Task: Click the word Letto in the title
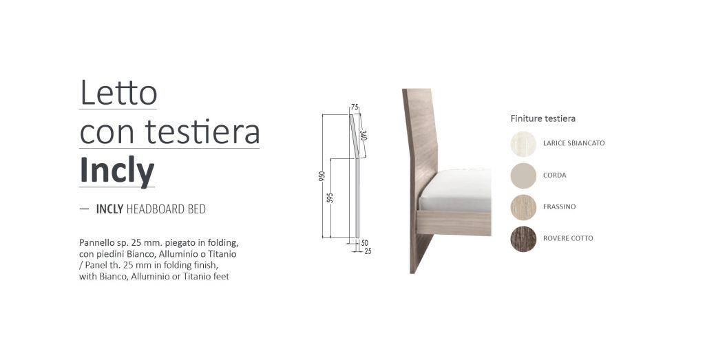tap(118, 93)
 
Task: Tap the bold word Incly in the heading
tap(117, 171)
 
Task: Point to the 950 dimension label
tap(321, 176)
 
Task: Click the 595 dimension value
tap(330, 198)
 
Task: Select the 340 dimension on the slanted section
tap(364, 136)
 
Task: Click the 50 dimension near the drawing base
tap(365, 243)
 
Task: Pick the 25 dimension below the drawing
tap(368, 252)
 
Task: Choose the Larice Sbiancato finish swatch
tap(523, 144)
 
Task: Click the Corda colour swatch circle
tap(523, 176)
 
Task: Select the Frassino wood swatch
tap(523, 207)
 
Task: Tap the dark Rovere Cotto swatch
tap(523, 239)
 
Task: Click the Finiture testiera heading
tap(543, 118)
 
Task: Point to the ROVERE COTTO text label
tap(568, 238)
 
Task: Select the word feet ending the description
tap(221, 277)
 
